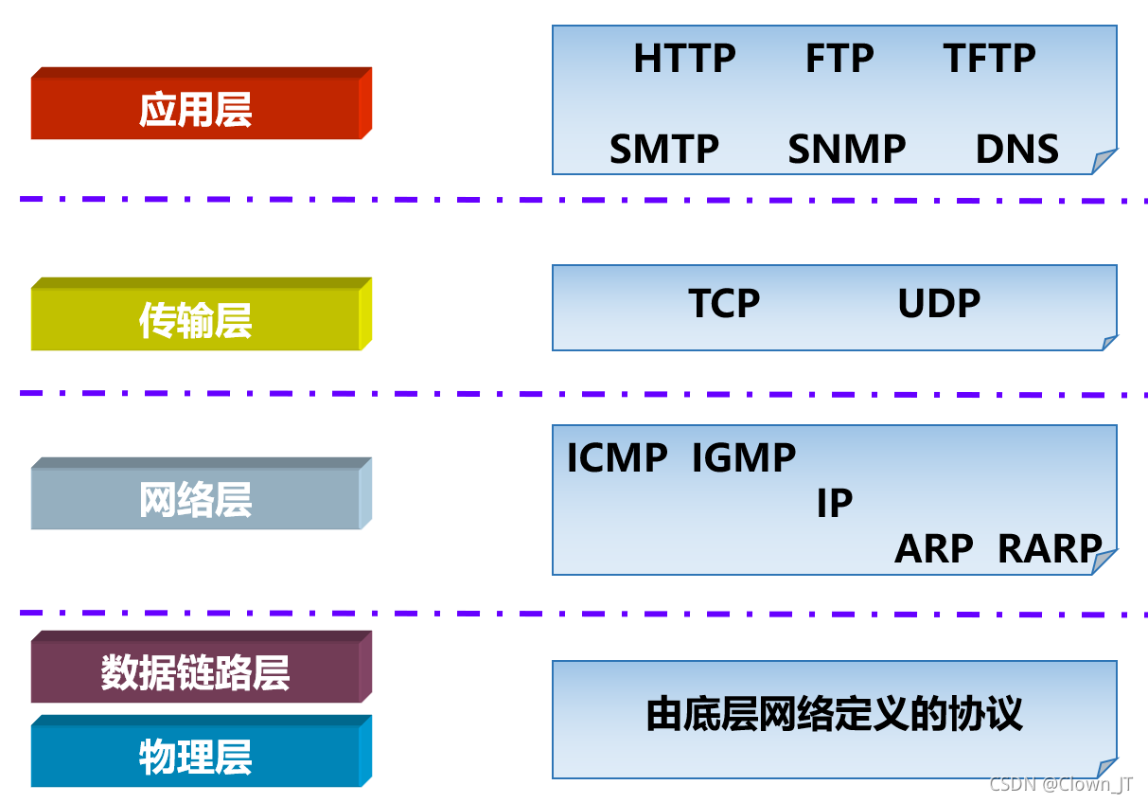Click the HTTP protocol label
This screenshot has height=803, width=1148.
(684, 58)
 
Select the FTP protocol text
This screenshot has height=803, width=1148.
(839, 58)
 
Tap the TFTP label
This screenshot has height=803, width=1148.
(989, 58)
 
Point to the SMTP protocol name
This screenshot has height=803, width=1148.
(664, 149)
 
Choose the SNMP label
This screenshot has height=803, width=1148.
(847, 149)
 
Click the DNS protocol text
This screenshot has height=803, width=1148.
(1017, 149)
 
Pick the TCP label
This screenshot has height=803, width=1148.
(724, 302)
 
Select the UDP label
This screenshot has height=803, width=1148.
(939, 302)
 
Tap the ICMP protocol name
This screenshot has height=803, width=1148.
(617, 456)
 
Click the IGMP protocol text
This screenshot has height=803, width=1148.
(744, 456)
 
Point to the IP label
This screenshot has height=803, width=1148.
(835, 503)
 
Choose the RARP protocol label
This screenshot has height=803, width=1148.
(1050, 548)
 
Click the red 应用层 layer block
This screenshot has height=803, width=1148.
(202, 103)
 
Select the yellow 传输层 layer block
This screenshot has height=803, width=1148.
(202, 313)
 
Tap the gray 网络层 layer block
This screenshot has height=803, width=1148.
(202, 493)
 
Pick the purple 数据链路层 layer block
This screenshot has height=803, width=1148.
(202, 667)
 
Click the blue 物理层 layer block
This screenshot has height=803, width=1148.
(202, 751)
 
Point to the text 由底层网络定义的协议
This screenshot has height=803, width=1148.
(835, 713)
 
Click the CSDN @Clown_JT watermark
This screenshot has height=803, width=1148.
(1061, 784)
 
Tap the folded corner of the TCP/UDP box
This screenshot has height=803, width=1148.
(1108, 342)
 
